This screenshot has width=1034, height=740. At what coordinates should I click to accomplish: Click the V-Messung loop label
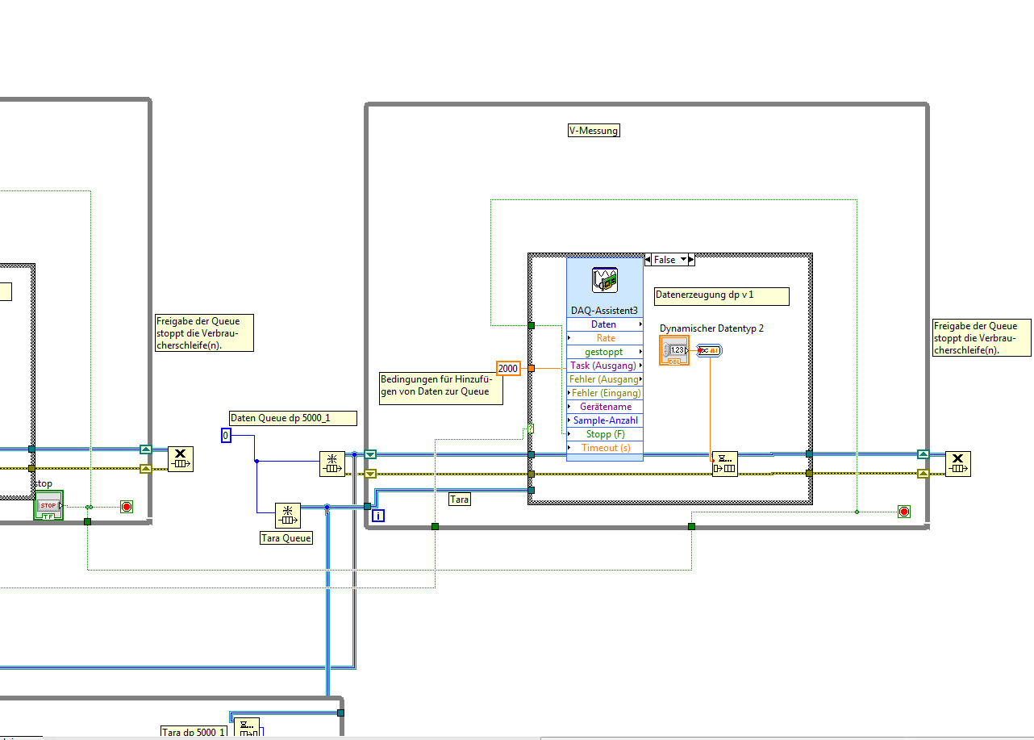[594, 131]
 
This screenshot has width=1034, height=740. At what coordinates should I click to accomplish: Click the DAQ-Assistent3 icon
[605, 279]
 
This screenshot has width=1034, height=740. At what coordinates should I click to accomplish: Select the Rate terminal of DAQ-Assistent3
[605, 338]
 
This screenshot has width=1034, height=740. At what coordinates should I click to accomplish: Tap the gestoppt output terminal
[605, 352]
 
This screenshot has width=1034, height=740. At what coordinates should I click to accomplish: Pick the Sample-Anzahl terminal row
[605, 420]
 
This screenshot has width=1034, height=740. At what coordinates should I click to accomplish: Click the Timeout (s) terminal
[605, 448]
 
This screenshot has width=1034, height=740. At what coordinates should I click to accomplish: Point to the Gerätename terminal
[605, 407]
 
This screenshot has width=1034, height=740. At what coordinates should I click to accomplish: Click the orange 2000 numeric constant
[508, 368]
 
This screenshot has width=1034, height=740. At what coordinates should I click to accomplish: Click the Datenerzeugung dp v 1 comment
[720, 296]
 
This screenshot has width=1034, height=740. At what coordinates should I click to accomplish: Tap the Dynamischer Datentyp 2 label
[711, 328]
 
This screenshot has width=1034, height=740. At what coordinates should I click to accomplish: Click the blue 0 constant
[226, 436]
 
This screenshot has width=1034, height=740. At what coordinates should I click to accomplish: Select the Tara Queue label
[286, 537]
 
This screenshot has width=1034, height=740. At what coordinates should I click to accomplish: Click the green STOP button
[48, 506]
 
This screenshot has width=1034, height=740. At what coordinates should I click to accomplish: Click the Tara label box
[460, 500]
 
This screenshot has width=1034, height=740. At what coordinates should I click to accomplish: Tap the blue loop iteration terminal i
[377, 515]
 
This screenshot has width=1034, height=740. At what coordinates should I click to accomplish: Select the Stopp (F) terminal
[605, 434]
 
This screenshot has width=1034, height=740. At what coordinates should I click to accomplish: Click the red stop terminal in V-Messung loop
[903, 512]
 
